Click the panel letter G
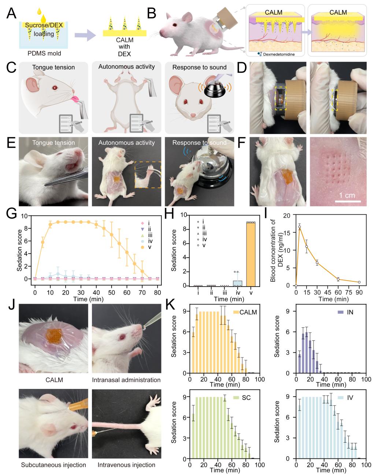tap(11, 213)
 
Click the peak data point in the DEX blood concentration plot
tap(300, 227)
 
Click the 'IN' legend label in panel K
tap(350, 312)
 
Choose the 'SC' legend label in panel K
tap(246, 397)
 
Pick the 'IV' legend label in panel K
tap(350, 397)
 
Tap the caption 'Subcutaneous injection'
tap(53, 465)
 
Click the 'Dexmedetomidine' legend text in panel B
tap(278, 54)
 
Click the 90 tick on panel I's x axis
tap(359, 292)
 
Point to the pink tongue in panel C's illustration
tap(76, 99)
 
